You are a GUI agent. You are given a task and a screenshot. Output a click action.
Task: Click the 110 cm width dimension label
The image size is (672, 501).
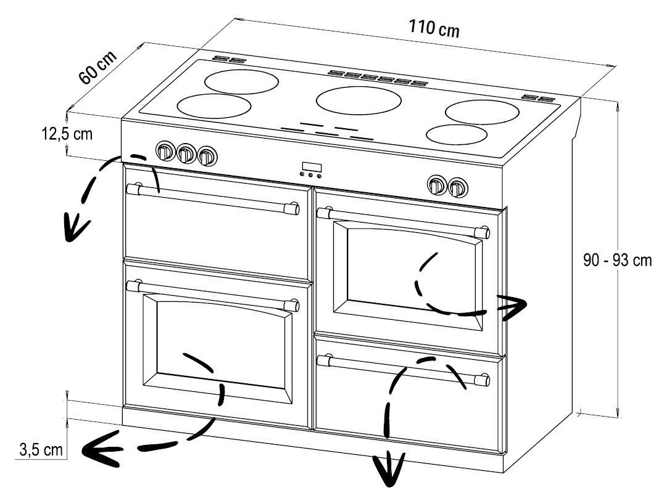pos(434,28)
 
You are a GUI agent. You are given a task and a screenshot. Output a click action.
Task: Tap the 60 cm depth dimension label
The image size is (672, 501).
pos(97,67)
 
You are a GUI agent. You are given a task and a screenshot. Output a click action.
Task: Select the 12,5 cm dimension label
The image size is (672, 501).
pos(67,134)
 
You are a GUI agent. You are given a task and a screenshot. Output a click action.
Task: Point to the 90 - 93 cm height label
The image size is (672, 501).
pos(617,259)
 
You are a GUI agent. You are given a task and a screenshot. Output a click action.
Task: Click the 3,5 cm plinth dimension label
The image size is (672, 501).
pos(41,450)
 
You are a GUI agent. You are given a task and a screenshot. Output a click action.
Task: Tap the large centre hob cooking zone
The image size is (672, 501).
pos(359,100)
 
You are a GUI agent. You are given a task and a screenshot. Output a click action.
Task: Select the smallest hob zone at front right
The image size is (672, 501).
pos(457,134)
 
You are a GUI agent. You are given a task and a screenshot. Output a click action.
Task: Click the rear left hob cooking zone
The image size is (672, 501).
pos(242,81)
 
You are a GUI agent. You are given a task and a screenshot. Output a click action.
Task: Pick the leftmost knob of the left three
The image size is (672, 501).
pos(165,151)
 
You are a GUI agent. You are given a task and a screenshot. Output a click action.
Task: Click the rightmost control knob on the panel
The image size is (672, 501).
pos(457,187)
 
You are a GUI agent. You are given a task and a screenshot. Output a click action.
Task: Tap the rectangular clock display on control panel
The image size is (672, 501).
pos(312,167)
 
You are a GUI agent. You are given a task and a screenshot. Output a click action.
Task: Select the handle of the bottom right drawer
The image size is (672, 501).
pos(404,369)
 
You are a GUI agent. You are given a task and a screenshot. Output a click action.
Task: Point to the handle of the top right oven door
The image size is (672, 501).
pos(404,222)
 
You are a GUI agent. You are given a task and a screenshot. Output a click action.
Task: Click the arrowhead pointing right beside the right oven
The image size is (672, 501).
pos(512,307)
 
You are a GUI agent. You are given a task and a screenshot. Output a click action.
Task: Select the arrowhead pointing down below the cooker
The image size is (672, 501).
pos(388,469)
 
